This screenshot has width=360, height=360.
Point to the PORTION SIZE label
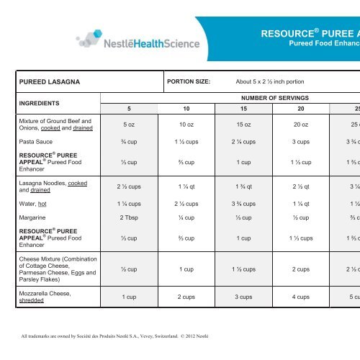coord(188,81)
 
